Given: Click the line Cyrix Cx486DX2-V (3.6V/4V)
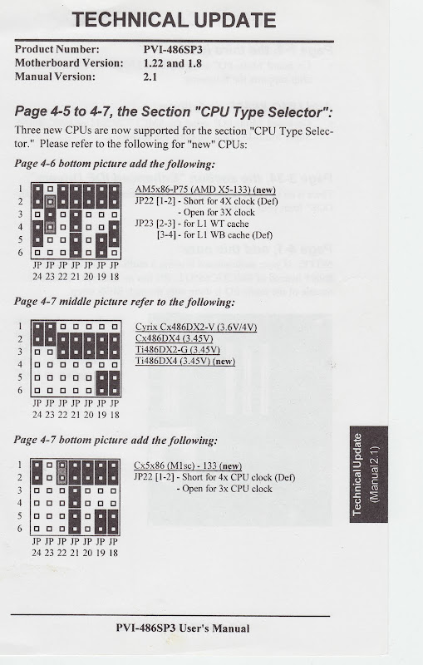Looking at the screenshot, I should (195, 327).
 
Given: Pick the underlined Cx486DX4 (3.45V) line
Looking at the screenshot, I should (174, 338).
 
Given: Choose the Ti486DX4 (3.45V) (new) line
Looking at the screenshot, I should (184, 362).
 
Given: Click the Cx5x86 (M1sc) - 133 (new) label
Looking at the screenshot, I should (187, 465).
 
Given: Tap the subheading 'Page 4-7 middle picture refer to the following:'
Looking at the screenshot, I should (125, 302).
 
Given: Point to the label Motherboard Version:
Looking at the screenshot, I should (68, 63).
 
